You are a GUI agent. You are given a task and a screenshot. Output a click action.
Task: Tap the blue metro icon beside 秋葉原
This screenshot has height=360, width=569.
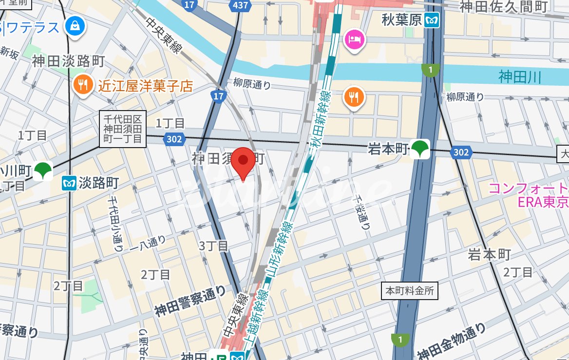[431, 21]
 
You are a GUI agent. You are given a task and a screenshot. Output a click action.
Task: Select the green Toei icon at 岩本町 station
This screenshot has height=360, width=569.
[419, 149]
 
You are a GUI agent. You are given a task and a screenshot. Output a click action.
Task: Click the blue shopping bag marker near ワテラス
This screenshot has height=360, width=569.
[75, 25]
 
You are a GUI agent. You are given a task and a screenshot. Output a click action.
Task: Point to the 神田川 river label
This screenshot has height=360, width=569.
[520, 77]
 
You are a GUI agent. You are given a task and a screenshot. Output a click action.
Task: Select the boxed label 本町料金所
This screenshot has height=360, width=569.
[409, 291]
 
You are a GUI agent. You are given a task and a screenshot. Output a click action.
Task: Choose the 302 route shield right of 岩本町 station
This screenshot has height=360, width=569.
[460, 152]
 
